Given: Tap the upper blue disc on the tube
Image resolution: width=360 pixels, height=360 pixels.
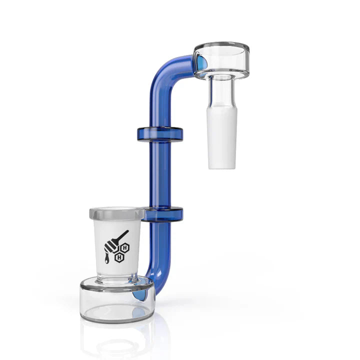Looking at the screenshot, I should pos(160,133).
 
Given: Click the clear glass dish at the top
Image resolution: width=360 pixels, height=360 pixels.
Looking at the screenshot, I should pos(222,60).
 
